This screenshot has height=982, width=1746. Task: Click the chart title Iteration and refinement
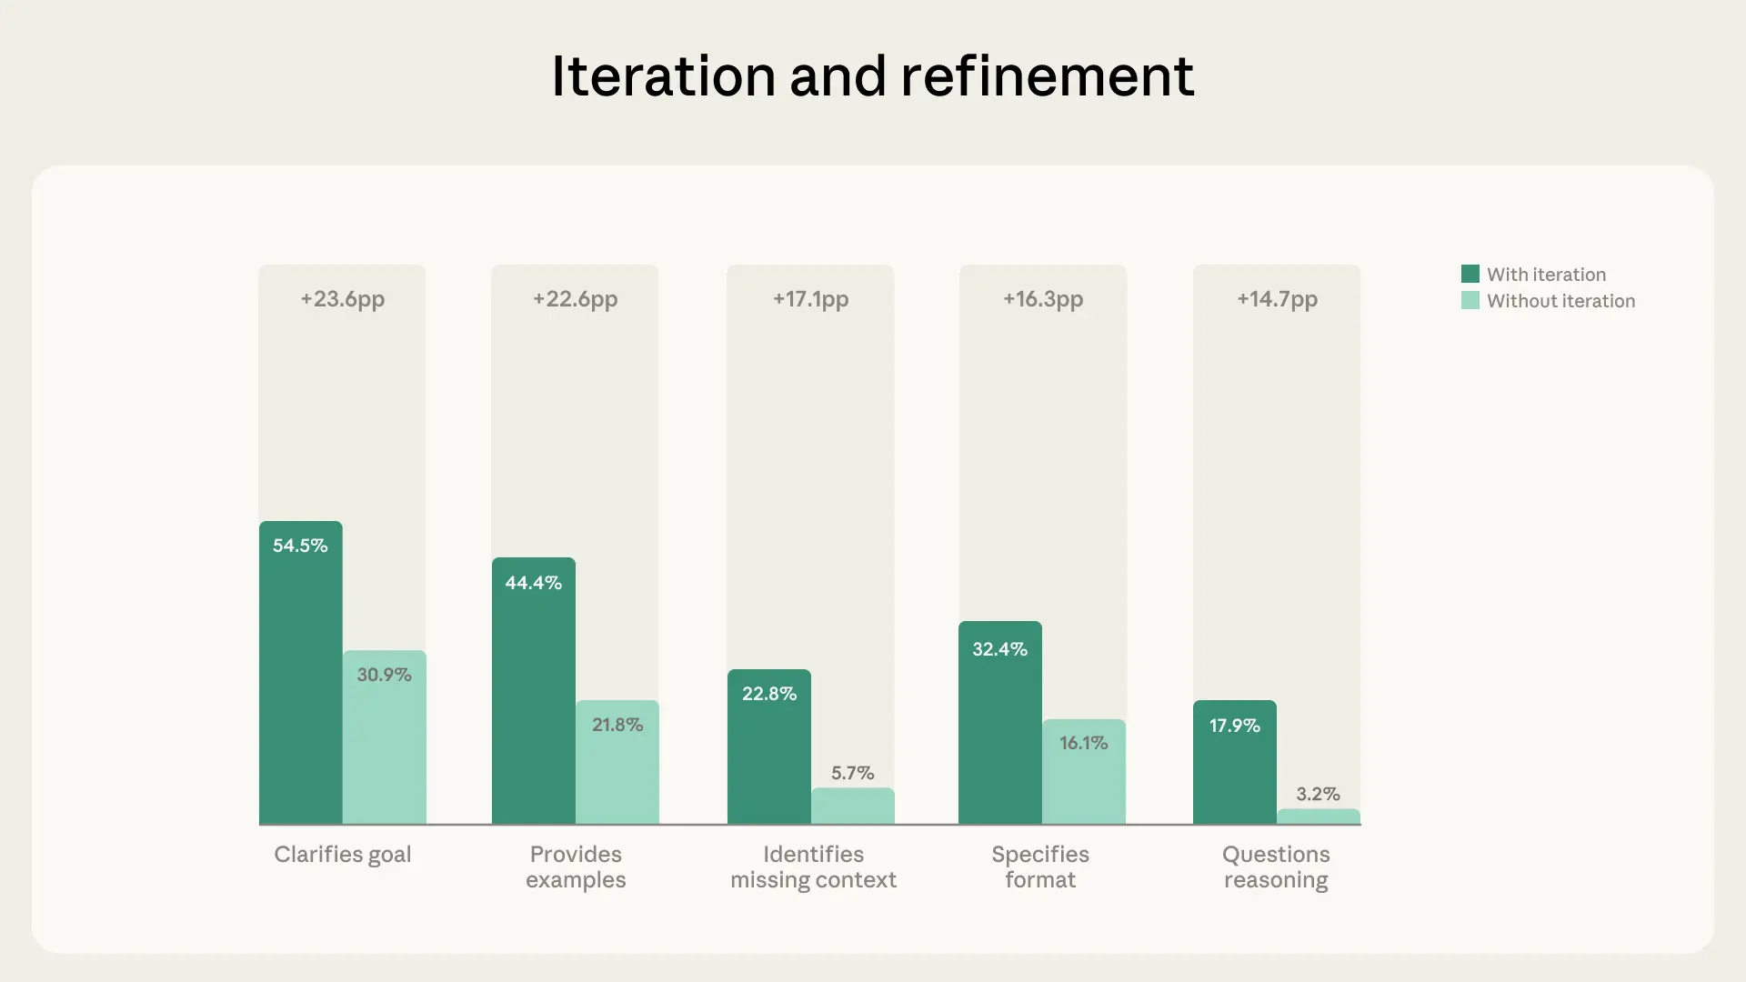pyautogui.click(x=872, y=75)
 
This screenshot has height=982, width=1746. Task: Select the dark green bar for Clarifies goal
pyautogui.click(x=301, y=691)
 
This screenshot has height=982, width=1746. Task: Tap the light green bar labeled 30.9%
pyautogui.click(x=385, y=746)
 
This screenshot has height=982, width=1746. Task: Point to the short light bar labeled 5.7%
pyautogui.click(x=853, y=807)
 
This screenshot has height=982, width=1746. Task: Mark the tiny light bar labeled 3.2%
pyautogui.click(x=1319, y=817)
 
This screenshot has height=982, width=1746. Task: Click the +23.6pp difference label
pyautogui.click(x=343, y=299)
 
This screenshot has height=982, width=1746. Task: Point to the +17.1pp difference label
pyautogui.click(x=810, y=299)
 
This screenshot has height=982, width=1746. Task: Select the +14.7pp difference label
pyautogui.click(x=1277, y=299)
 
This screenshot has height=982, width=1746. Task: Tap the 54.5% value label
pyautogui.click(x=300, y=546)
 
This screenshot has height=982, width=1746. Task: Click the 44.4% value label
pyautogui.click(x=534, y=583)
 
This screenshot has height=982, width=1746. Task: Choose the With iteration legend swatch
pyautogui.click(x=1470, y=274)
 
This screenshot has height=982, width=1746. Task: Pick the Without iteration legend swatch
pyautogui.click(x=1470, y=300)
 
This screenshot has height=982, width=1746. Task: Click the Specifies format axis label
pyautogui.click(x=1040, y=867)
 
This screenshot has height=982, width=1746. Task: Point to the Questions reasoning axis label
pyautogui.click(x=1276, y=867)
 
